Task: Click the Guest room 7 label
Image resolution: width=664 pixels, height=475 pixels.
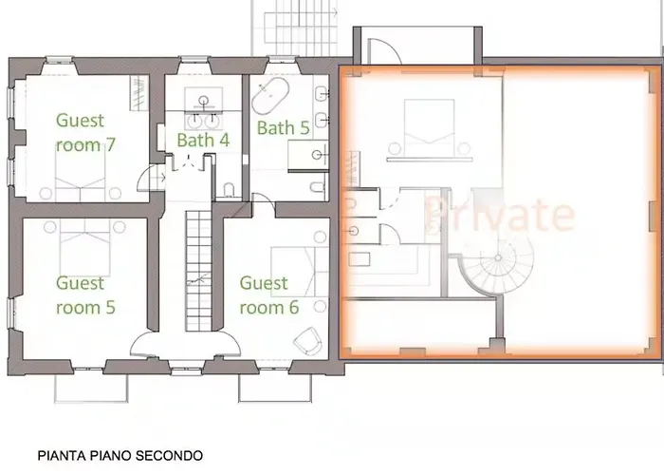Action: pos(85,132)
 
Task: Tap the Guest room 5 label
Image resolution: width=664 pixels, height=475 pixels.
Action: pos(85,294)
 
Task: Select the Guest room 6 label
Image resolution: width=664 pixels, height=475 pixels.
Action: pos(268,294)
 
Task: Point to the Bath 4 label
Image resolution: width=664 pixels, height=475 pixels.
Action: pos(203,140)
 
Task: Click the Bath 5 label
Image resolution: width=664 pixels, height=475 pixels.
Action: pos(284,128)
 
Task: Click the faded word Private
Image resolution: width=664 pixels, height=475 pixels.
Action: pos(500,214)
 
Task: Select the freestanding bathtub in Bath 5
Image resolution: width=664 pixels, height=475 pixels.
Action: pos(270,96)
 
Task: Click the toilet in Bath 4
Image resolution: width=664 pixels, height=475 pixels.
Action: pos(229,190)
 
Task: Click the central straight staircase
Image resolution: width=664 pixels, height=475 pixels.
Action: pos(198,271)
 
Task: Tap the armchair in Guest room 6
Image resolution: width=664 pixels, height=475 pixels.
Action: pos(308,340)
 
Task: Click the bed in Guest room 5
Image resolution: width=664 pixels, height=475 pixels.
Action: pos(84,247)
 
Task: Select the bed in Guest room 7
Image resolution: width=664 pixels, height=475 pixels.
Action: pos(80,173)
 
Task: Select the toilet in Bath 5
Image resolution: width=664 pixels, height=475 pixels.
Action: pos(318,186)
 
